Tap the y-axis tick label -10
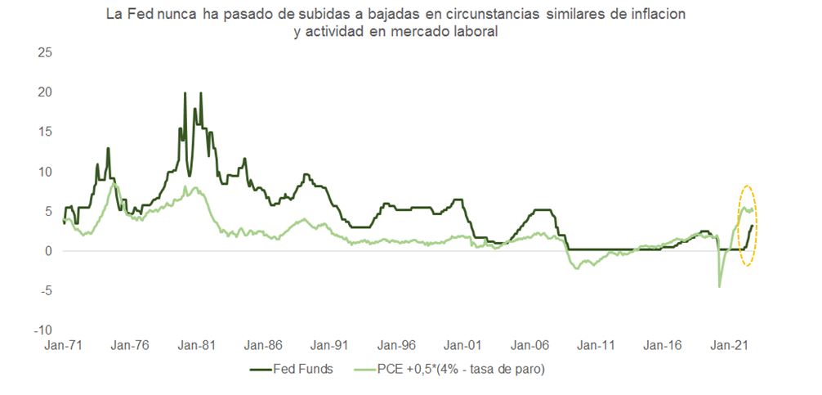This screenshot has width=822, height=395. [41, 330]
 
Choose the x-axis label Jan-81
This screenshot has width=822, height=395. [197, 346]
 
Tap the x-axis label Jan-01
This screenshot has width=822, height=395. [463, 346]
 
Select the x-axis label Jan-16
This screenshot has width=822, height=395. [663, 346]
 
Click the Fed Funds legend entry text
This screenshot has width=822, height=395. [303, 369]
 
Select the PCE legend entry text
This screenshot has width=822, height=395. [461, 369]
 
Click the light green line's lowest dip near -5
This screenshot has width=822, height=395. [720, 285]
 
